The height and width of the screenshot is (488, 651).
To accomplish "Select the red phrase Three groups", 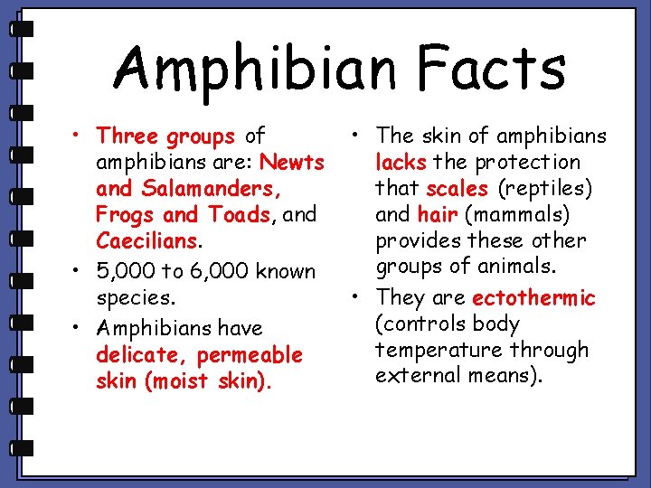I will [166, 136].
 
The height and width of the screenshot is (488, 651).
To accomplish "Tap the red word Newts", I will [291, 163].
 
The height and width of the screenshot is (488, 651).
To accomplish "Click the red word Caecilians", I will [146, 241].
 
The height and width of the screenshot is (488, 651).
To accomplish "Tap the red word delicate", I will [140, 354].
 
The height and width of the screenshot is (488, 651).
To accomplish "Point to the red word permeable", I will [250, 354].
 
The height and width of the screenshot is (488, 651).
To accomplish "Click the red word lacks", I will [401, 163].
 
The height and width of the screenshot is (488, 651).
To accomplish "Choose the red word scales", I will [457, 189].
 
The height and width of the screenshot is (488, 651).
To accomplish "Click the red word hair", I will [437, 215].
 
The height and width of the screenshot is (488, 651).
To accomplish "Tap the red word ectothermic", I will [533, 297].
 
